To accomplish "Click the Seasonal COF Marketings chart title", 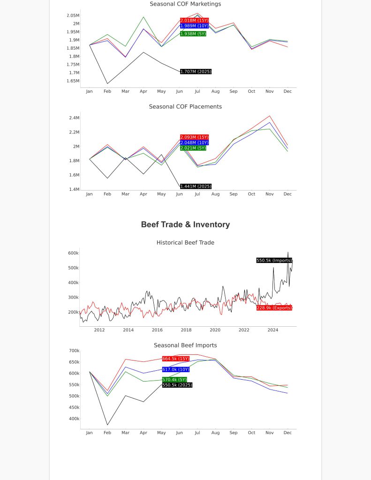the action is tap(185, 4).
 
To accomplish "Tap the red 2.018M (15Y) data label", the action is tap(195, 21).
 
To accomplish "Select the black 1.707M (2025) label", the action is tap(196, 72).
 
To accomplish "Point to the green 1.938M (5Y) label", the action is tap(193, 34).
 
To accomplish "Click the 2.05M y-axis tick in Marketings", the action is tap(73, 15).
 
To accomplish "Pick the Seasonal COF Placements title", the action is tap(185, 106).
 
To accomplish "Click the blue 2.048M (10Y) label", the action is tap(195, 142).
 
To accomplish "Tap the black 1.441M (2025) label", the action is tap(196, 187).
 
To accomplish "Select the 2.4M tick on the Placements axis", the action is tap(74, 118).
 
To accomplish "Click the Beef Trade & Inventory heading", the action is tap(185, 225).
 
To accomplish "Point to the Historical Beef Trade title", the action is tap(185, 242).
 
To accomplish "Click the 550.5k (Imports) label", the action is tap(274, 261).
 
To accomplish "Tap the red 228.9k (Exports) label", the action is tap(274, 308).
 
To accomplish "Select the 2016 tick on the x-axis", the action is tap(157, 330).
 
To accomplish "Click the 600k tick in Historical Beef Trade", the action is tap(74, 253).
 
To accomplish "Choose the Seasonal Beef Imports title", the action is tap(185, 345).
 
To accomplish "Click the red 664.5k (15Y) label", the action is tap(176, 359).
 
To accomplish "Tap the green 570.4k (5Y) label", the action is tap(174, 380).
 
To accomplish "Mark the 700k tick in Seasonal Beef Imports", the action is tap(74, 351).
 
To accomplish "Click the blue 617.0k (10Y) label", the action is tap(176, 369).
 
